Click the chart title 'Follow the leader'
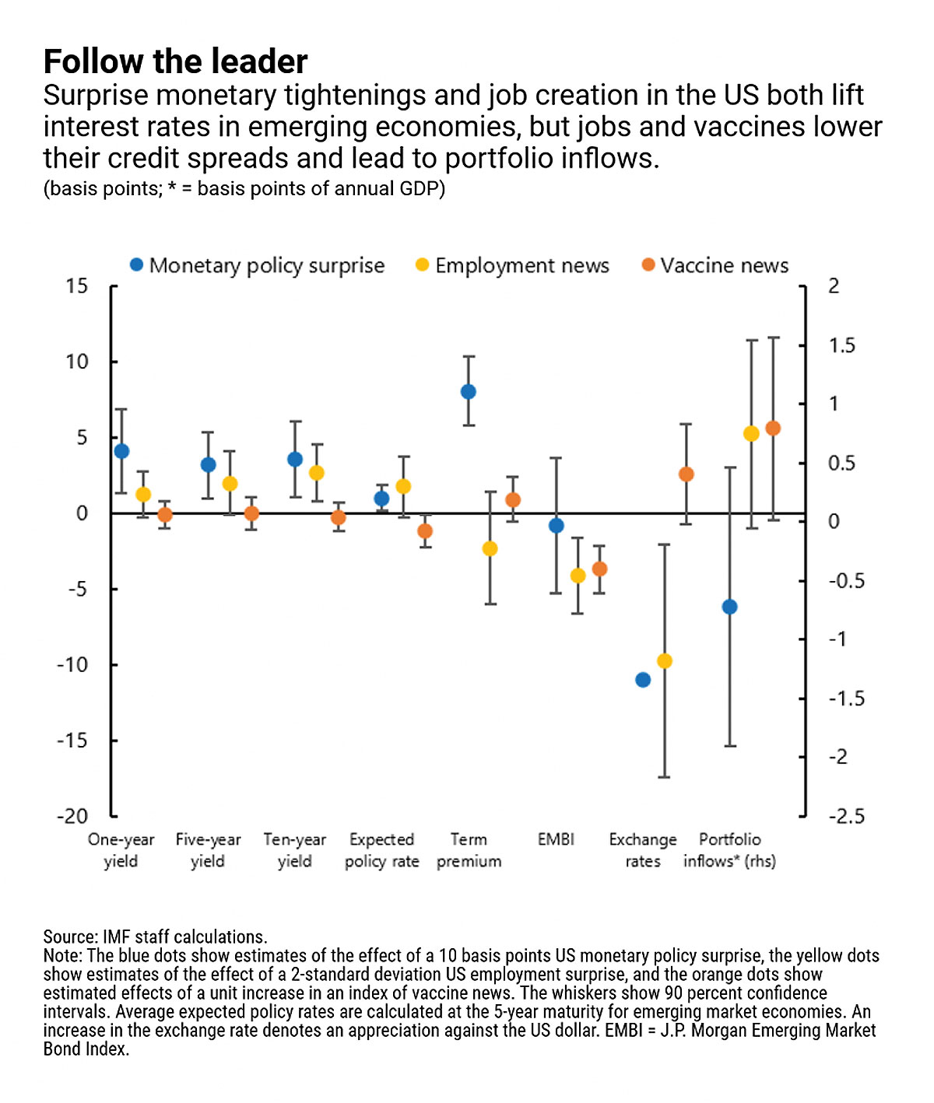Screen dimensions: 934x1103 coord(175,61)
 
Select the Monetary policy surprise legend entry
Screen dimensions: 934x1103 coord(258,265)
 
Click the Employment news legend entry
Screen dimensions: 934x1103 coord(513,265)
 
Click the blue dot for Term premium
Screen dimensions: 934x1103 coord(469,392)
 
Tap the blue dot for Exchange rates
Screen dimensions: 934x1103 coord(643,680)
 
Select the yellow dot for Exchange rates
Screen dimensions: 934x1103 coord(665,661)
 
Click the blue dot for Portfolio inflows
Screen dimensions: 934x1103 coord(729,607)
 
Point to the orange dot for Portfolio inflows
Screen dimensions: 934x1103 coord(773,428)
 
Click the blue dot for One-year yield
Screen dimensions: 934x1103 coord(121,451)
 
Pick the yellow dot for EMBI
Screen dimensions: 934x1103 coord(578,576)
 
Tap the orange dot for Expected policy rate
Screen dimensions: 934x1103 coord(425,531)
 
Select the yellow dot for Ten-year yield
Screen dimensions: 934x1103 coord(317,473)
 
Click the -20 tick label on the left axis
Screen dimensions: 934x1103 coord(72,817)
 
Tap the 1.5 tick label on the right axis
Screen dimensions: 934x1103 coord(841,346)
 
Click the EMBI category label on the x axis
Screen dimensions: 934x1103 coord(556,840)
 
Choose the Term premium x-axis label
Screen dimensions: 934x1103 coord(469,851)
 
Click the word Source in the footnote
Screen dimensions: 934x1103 coord(68,937)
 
